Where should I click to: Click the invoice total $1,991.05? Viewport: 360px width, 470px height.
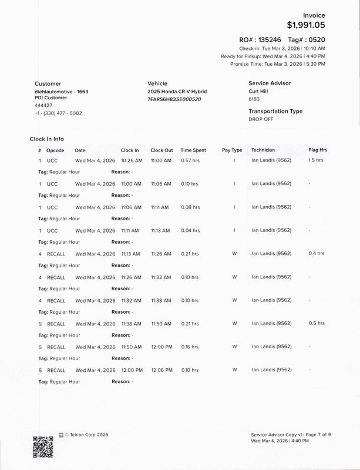(x=305, y=25)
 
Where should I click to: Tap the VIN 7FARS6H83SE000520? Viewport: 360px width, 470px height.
(x=174, y=99)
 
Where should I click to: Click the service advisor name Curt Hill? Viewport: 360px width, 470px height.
(x=260, y=92)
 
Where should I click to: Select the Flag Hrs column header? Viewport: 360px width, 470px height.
(x=318, y=150)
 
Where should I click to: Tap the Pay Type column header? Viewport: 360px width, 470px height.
(x=232, y=150)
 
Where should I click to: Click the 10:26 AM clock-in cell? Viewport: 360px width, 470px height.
(x=130, y=160)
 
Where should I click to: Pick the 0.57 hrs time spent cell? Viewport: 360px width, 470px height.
(x=190, y=160)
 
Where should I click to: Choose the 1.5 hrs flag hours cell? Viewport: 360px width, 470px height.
(x=316, y=160)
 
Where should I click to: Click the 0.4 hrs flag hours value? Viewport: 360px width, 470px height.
(x=316, y=254)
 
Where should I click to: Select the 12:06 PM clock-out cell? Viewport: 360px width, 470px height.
(x=161, y=370)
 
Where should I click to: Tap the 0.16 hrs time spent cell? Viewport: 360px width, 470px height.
(x=190, y=347)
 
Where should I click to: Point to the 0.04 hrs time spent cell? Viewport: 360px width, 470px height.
(x=190, y=230)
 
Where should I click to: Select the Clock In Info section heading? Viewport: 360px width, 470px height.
(x=47, y=139)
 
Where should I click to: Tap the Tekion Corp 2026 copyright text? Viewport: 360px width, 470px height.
(x=86, y=435)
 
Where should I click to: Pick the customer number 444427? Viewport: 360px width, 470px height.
(x=43, y=106)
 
